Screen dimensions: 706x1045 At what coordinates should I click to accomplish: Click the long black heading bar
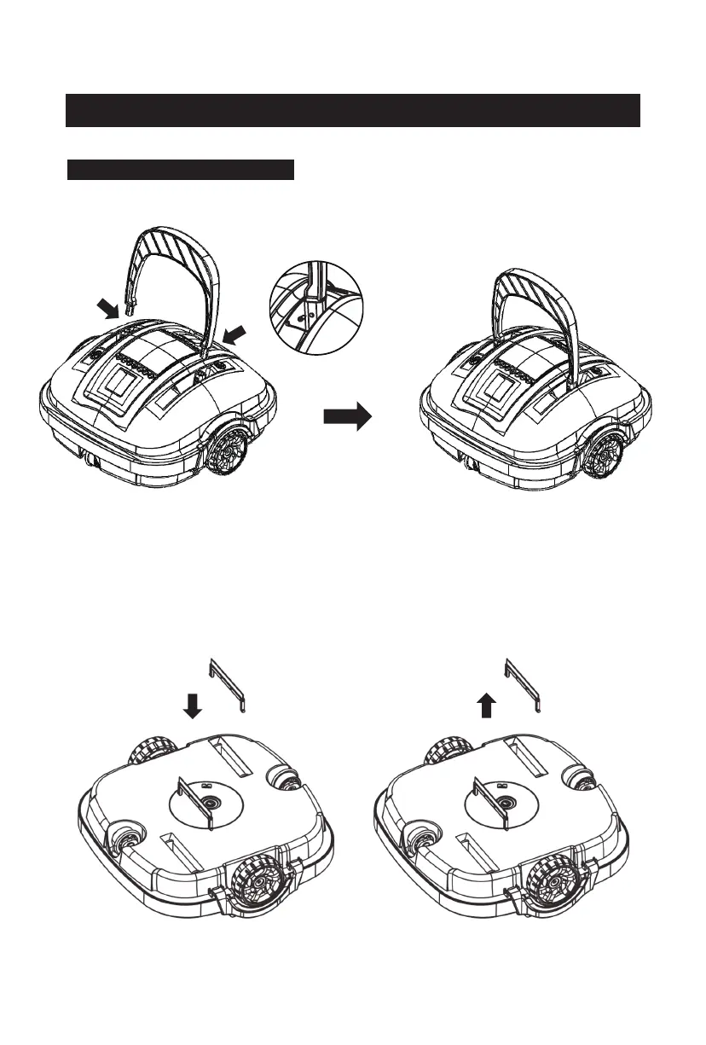[x=352, y=110]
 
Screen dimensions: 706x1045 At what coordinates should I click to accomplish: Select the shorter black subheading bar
[x=180, y=169]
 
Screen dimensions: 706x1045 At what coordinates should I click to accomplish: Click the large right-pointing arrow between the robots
[x=347, y=417]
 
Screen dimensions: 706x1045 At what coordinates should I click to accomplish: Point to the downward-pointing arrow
[x=193, y=705]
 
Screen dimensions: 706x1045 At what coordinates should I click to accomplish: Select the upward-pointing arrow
[x=486, y=705]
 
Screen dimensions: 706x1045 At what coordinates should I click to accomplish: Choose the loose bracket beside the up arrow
[x=524, y=682]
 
